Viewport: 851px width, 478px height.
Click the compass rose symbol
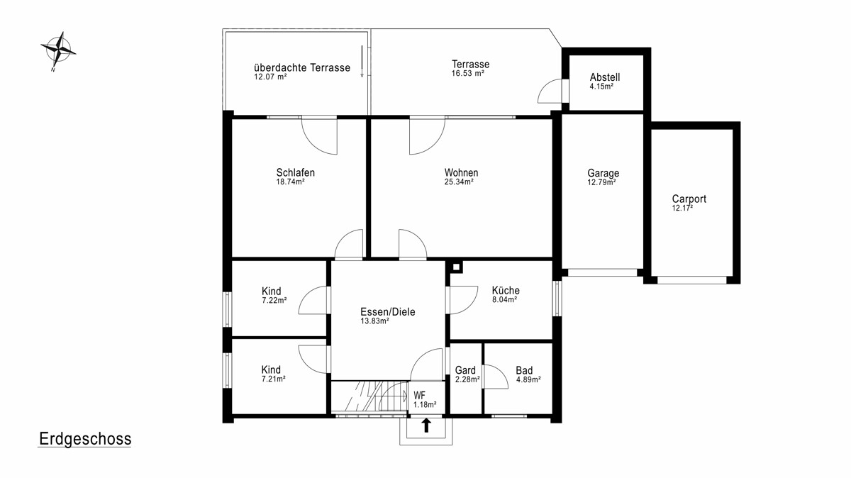tap(58, 50)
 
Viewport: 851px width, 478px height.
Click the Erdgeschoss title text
tap(85, 439)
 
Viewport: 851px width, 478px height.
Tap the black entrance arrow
tap(426, 426)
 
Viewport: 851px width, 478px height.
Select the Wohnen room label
tap(461, 172)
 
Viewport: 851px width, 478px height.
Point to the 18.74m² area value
tap(290, 182)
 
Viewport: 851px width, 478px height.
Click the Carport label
tap(689, 199)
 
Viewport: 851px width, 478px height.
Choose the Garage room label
tap(604, 173)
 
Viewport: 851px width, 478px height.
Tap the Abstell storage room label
tap(605, 77)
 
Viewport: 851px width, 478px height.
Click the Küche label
tap(506, 290)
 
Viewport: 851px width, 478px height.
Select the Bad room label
tap(524, 370)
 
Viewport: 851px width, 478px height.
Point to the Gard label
tap(465, 370)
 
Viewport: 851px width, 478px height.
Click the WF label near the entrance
tap(419, 396)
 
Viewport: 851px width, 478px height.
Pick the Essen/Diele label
tap(387, 312)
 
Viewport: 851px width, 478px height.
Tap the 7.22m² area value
tap(274, 301)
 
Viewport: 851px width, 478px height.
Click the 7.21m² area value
tap(274, 379)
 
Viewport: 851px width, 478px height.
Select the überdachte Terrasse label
tap(302, 67)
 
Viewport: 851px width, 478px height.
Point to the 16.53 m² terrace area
tap(467, 74)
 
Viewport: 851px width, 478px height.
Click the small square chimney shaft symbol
tap(456, 267)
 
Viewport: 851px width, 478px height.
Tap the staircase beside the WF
tap(369, 396)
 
